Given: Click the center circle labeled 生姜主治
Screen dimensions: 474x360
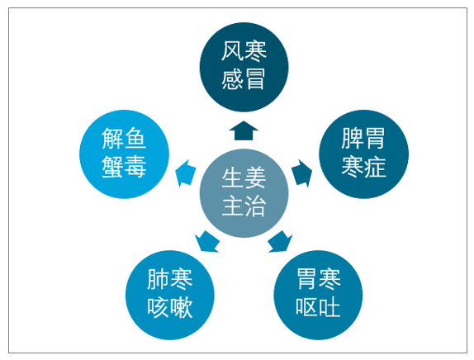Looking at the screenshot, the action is tap(244, 193).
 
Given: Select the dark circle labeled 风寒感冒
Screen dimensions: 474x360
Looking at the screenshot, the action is tap(244, 67).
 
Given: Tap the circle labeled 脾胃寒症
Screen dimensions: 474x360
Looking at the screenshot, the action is tap(363, 154).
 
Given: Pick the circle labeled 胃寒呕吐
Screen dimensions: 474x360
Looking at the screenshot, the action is tap(318, 295).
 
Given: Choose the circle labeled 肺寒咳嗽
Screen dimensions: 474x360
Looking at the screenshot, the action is tap(170, 295).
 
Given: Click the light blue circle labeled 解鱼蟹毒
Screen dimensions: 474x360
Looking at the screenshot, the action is tap(124, 154).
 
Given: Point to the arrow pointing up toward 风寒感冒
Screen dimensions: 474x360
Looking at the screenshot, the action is tap(244, 130).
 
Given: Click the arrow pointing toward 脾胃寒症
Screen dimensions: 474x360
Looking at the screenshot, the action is tap(302, 173).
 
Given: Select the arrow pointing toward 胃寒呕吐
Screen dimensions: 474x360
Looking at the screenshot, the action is tap(280, 241).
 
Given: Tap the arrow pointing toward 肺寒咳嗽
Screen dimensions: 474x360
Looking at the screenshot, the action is tap(207, 241).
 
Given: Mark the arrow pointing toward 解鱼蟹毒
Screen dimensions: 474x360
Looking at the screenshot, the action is tap(185, 173).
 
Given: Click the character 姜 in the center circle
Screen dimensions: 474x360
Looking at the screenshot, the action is tap(255, 178).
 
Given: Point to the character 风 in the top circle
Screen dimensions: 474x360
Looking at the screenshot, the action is tap(233, 51).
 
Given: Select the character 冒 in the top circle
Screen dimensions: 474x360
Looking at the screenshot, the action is tap(255, 79).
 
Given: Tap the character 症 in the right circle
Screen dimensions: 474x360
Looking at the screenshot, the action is tap(375, 167).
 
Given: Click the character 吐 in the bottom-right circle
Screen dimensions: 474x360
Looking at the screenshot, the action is tap(329, 307).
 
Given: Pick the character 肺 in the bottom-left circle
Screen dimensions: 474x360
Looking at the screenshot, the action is tap(159, 279).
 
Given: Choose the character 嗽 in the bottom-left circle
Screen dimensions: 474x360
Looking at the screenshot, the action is tap(182, 307).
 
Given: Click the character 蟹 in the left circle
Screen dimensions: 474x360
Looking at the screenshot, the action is tap(113, 167).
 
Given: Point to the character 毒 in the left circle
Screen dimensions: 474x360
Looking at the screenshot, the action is tap(135, 167).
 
